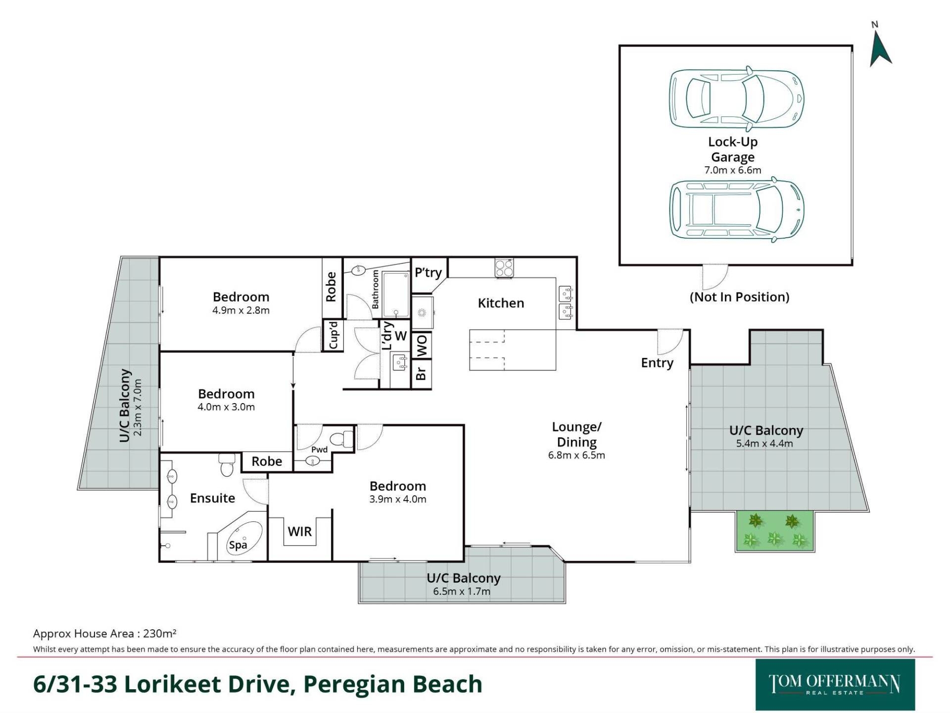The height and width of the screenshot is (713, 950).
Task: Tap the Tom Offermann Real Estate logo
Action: (835, 685)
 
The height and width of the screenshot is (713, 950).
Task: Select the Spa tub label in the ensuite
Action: (238, 545)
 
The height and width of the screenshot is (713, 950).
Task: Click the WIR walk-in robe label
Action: (300, 532)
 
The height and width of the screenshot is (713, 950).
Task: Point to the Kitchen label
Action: (501, 303)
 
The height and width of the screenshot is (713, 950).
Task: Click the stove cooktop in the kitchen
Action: (504, 268)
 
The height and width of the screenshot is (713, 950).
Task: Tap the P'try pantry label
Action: (428, 273)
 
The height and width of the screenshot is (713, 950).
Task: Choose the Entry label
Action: (657, 363)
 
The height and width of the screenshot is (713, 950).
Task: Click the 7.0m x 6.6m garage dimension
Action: (733, 170)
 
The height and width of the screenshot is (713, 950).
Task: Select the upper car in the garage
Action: (736, 97)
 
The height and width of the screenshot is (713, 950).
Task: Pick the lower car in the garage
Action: (736, 210)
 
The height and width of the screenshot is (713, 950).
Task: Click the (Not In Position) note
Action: (739, 297)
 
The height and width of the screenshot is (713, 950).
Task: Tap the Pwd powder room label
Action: (319, 450)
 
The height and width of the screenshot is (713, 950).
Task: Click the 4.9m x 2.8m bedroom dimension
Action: (241, 310)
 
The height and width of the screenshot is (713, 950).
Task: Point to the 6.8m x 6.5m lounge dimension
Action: (576, 456)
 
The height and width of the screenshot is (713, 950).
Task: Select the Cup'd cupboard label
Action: (333, 335)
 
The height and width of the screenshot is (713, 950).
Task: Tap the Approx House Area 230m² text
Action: (105, 633)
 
